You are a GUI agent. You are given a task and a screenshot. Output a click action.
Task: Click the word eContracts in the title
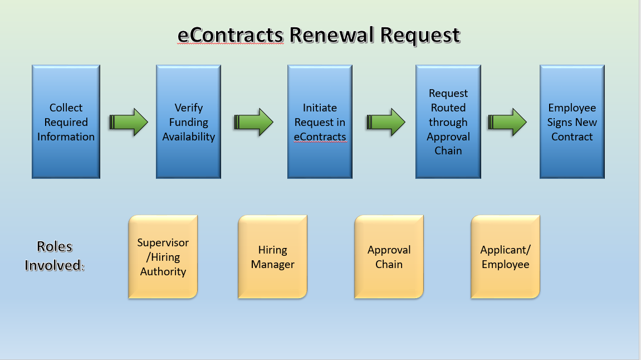coord(230,36)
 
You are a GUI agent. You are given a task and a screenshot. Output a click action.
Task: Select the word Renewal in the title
coord(331,36)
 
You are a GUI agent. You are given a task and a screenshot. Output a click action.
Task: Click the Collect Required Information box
coord(66,122)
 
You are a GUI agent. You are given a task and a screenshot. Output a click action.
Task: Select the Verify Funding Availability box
coord(188,122)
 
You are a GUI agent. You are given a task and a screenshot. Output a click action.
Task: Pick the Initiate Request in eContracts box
coord(320,122)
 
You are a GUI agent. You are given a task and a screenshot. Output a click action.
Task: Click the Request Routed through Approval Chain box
coord(448,122)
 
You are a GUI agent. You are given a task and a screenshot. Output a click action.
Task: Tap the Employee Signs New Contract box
coord(572,122)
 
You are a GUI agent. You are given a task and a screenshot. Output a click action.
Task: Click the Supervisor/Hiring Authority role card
coord(163,257)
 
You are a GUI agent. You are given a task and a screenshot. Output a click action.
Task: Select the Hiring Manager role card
coord(272,257)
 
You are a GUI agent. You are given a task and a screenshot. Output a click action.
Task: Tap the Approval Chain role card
coord(389,257)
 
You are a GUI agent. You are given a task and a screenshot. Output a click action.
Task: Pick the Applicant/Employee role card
coord(505,257)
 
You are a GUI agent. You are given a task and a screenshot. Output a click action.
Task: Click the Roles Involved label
coord(55,256)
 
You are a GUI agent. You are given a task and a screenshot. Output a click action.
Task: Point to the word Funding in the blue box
coord(188,122)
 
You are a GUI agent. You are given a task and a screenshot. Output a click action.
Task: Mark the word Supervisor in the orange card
coord(163,243)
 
